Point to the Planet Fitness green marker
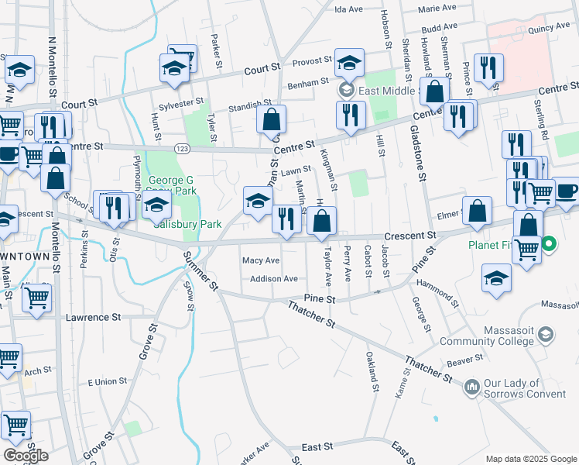(550, 246)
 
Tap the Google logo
(25, 456)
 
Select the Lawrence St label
(94, 317)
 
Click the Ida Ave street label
(348, 9)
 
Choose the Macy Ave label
(261, 260)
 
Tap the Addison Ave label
(274, 278)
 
